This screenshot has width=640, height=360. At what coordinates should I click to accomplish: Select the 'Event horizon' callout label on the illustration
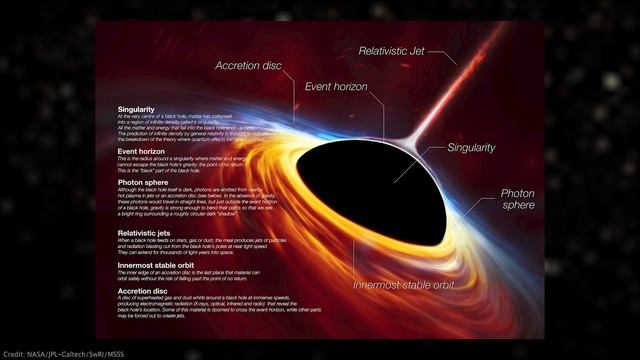tap(337, 87)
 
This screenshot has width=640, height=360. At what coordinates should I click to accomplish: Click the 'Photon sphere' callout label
tap(518, 200)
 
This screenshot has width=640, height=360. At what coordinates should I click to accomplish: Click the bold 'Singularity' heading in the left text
tap(136, 108)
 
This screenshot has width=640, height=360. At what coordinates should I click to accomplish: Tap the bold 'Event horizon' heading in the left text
tap(141, 152)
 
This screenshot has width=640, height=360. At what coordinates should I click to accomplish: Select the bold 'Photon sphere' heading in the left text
tap(142, 183)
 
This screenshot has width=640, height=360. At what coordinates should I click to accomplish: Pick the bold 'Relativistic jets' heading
tap(146, 232)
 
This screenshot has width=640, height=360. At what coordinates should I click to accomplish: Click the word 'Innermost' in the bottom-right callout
tap(379, 284)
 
